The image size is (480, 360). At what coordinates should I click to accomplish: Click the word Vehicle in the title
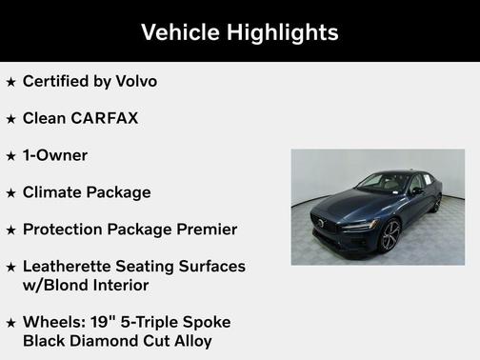(180, 32)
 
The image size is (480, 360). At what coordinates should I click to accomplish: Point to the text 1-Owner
(55, 155)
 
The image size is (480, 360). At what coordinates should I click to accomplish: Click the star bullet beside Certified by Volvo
(10, 82)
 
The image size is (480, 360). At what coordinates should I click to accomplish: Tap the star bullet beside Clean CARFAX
(10, 119)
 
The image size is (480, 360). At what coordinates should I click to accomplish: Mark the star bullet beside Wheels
(10, 323)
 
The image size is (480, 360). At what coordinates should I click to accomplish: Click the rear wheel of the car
(437, 203)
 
